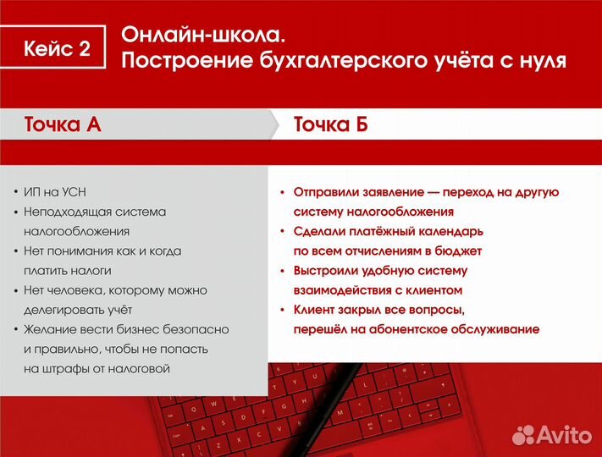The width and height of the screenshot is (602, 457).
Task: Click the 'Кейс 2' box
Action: [x=57, y=49]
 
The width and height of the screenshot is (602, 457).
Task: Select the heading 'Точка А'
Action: [x=63, y=125]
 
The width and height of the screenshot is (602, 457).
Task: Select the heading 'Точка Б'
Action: [x=330, y=125]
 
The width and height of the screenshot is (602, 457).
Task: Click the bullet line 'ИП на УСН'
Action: [x=53, y=192]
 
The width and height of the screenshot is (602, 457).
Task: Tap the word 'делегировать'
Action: [x=64, y=310]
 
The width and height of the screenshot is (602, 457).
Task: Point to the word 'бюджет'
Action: [x=459, y=251]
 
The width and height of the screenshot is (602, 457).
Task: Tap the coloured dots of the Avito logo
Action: [x=524, y=435]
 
